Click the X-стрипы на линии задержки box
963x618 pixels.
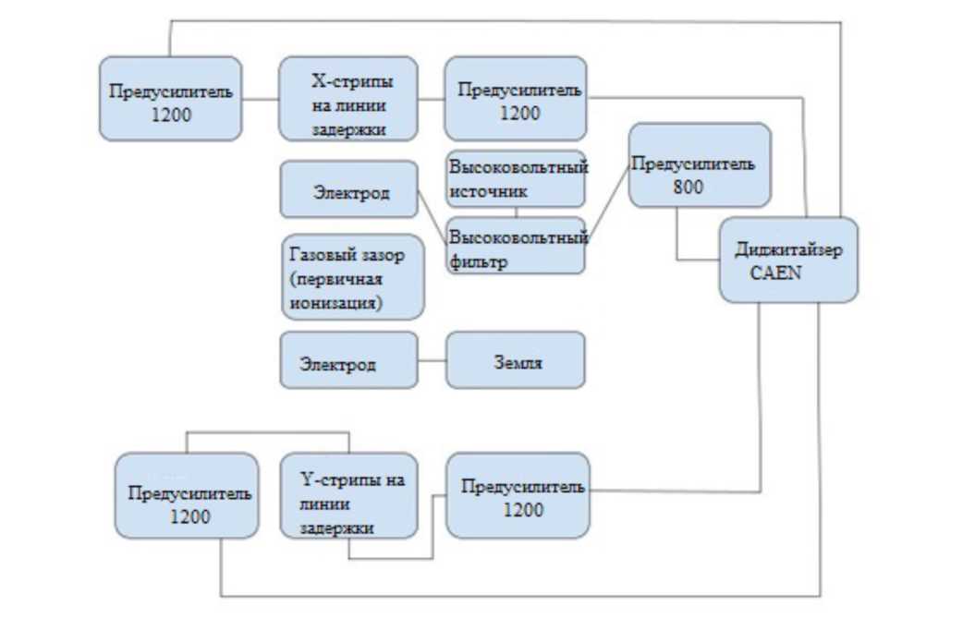[x=347, y=99]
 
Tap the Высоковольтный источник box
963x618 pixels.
[x=516, y=178]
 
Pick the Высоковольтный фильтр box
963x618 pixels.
[x=516, y=246]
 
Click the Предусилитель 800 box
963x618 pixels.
[x=700, y=165]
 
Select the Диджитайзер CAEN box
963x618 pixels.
[x=787, y=260]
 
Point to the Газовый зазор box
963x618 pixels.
[x=351, y=276]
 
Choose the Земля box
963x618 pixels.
[x=516, y=360]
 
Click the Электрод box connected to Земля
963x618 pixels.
[x=348, y=360]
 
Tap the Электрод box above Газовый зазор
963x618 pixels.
[x=348, y=191]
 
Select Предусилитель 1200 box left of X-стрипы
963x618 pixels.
[x=170, y=99]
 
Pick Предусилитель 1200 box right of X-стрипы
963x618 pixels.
[x=515, y=99]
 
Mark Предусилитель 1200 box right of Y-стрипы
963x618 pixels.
[x=518, y=495]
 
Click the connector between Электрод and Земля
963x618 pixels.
[x=432, y=360]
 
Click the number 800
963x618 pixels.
[x=689, y=186]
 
